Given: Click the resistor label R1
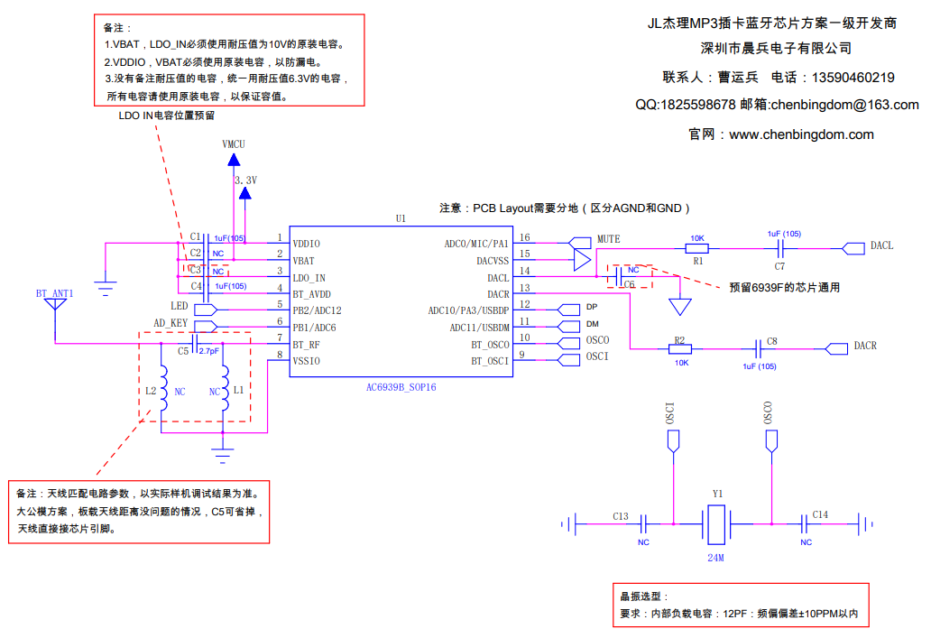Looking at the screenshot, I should [698, 260].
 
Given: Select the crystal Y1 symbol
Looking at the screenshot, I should [716, 523].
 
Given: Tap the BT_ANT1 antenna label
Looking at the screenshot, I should [54, 294].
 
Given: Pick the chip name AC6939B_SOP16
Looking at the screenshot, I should [401, 386].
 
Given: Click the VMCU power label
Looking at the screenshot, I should [233, 144].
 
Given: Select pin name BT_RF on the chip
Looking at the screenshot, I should [306, 345].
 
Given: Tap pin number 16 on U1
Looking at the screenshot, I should [524, 238].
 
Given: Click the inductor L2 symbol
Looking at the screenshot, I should [162, 391].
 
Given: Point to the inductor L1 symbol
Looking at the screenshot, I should [226, 391].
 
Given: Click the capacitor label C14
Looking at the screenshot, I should [819, 514].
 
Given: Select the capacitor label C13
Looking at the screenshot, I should [620, 516].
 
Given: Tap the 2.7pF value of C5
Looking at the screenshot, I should [208, 350].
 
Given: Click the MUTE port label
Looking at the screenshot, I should [608, 239].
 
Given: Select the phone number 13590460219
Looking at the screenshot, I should [853, 78].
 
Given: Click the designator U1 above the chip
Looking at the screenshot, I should [401, 218].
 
